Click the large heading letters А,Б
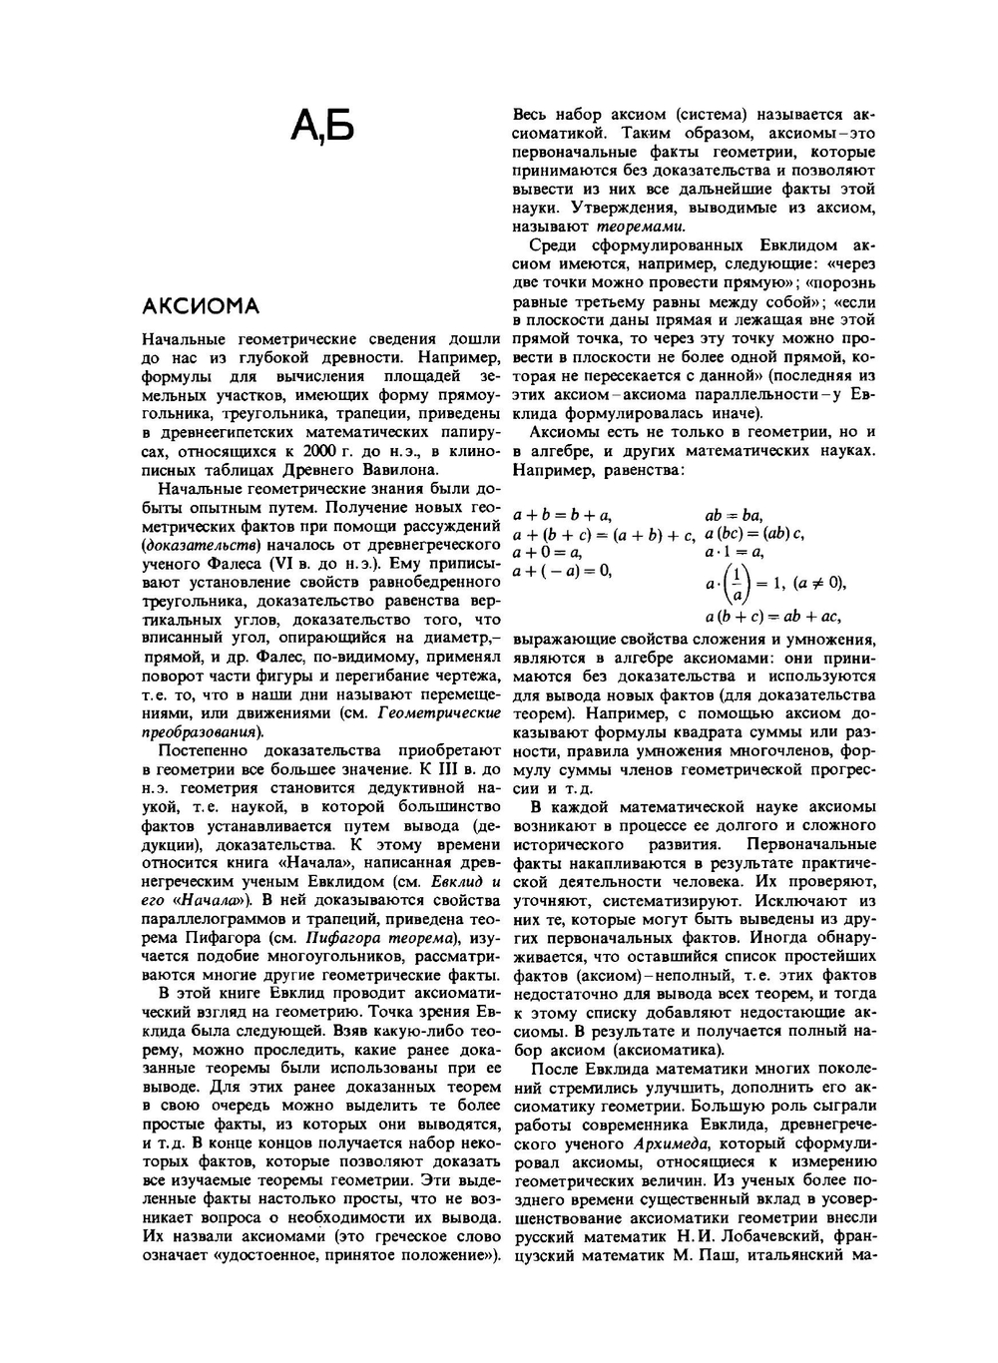pyautogui.click(x=322, y=126)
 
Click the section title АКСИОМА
pyautogui.click(x=201, y=305)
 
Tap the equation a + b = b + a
pyautogui.click(x=562, y=515)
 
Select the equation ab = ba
pyautogui.click(x=734, y=515)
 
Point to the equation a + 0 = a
pyautogui.click(x=547, y=552)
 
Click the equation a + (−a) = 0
pyautogui.click(x=561, y=571)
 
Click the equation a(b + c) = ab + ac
pyautogui.click(x=772, y=617)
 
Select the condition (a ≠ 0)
pyautogui.click(x=819, y=584)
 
